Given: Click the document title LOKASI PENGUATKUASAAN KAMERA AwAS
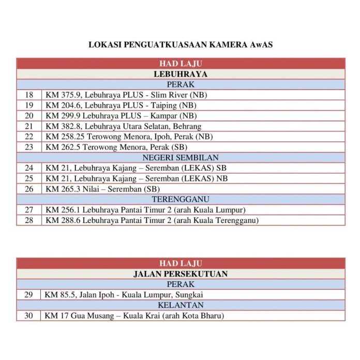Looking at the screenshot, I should [180, 44].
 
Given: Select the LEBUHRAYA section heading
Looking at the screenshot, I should [180, 74].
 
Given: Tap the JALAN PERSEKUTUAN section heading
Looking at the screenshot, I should [180, 274].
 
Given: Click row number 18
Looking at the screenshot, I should [29, 95].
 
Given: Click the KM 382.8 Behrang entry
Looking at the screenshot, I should [123, 126].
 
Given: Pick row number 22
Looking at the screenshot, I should [29, 137].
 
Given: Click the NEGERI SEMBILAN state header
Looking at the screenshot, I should [180, 157].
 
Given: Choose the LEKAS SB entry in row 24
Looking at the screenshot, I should [136, 168].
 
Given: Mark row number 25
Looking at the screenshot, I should [29, 178].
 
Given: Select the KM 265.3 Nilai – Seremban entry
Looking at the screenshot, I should [102, 189].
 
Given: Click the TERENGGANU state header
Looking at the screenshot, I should [180, 199].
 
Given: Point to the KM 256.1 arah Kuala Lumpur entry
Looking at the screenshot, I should [145, 209].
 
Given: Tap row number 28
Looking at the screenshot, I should [29, 220].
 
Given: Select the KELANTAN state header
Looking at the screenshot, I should [180, 305].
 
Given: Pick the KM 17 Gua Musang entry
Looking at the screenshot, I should [134, 316].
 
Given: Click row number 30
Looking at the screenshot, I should [29, 316].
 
